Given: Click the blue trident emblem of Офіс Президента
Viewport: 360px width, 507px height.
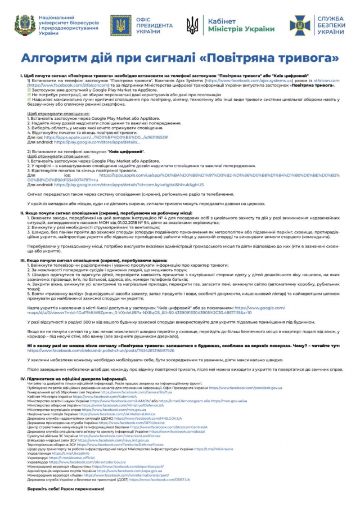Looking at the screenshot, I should point(121,26).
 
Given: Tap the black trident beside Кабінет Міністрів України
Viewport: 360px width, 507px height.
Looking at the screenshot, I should point(192,25).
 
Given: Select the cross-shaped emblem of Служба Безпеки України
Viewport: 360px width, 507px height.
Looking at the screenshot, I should point(300,25).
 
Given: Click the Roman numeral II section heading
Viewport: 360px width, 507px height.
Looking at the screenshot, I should point(106,213).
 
